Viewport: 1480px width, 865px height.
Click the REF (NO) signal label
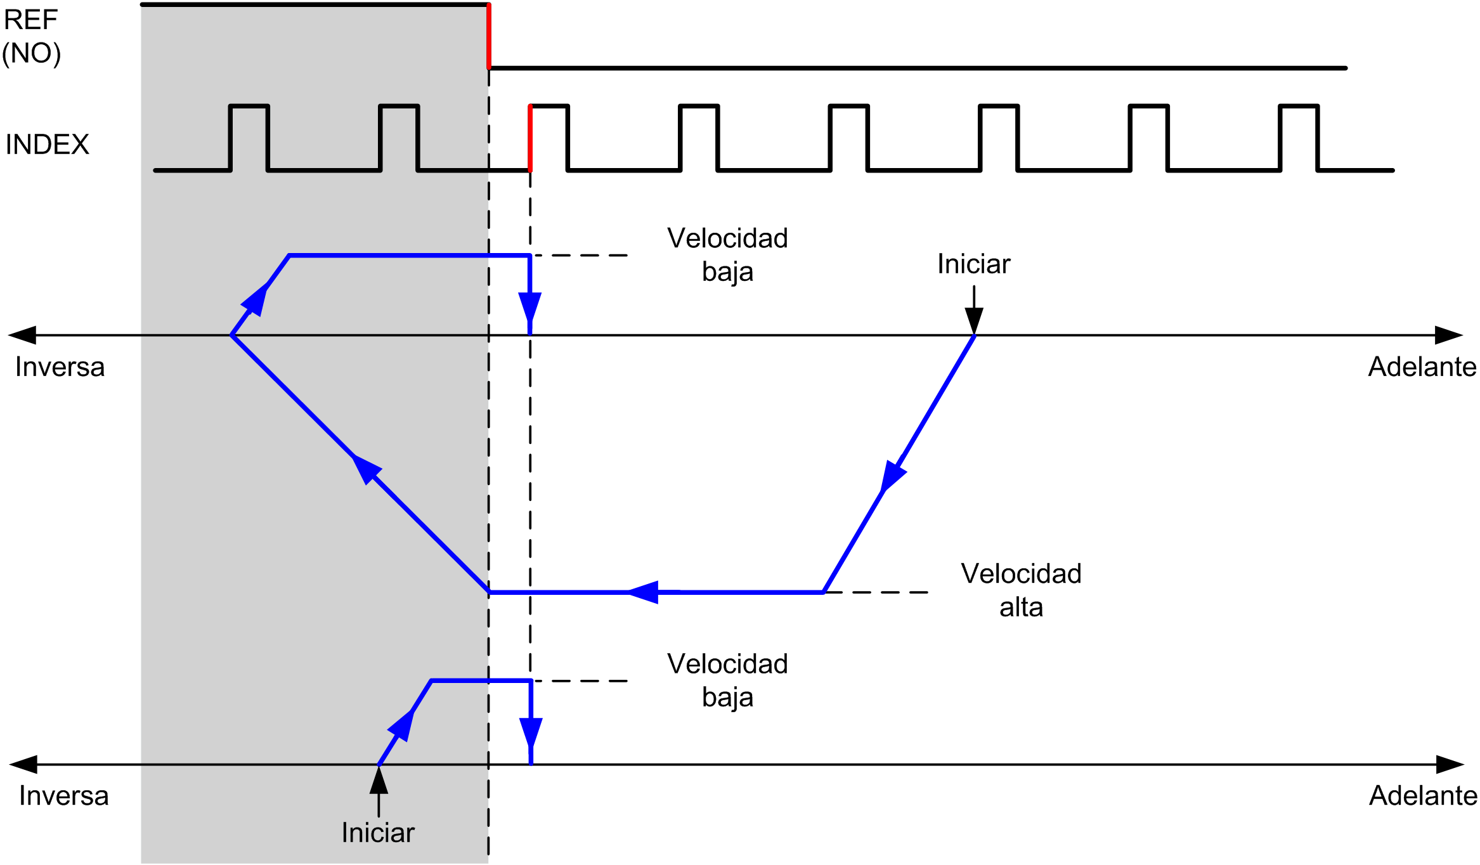pos(32,37)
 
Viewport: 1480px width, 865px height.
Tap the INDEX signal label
pos(47,145)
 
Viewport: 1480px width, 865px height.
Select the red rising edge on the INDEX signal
pos(530,138)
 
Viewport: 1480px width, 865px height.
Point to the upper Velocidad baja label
pos(727,255)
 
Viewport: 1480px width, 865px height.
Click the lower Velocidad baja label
pos(727,680)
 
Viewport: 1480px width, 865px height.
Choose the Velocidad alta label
pos(1021,590)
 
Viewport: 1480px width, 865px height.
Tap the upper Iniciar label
pos(973,264)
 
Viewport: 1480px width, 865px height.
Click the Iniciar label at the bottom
pos(378,833)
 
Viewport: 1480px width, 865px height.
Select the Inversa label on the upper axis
pos(60,367)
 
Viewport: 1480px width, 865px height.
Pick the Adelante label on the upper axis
pos(1422,367)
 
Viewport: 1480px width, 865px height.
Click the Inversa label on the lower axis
pos(63,796)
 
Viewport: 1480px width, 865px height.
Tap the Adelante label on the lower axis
pos(1423,796)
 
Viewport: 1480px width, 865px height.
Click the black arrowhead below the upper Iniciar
pos(974,320)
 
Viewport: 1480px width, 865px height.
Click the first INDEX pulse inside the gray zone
pos(249,137)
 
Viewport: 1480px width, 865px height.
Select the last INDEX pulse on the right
pos(1299,137)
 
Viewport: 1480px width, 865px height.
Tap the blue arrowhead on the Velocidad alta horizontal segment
pos(644,592)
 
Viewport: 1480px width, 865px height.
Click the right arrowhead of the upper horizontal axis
pos(1448,335)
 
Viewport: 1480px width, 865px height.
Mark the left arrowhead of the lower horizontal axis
pos(24,764)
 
